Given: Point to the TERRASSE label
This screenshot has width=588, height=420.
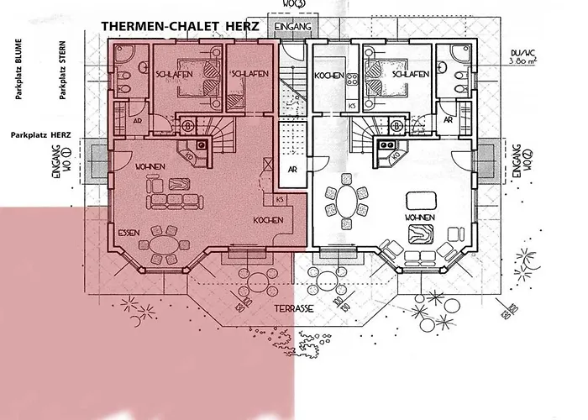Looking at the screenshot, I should (293, 309).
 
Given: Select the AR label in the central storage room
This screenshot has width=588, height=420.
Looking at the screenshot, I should (292, 168).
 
